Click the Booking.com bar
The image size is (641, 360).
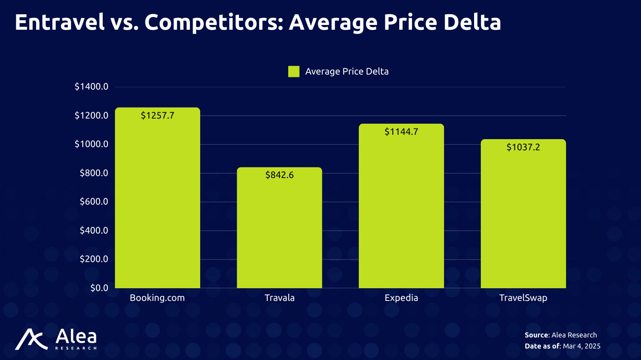(x=157, y=198)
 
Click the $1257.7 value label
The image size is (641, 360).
(x=157, y=115)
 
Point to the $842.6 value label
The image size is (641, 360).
(x=279, y=175)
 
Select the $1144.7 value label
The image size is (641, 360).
(x=401, y=132)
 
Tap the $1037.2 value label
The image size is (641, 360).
(x=523, y=147)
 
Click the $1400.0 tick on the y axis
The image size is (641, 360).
(x=91, y=86)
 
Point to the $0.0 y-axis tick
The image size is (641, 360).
(x=99, y=288)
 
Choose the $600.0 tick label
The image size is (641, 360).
(x=94, y=201)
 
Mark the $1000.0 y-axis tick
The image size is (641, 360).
(x=91, y=144)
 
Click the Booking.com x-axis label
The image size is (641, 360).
(x=157, y=298)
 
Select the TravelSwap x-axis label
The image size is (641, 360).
(x=523, y=298)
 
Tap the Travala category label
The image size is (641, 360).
(x=279, y=298)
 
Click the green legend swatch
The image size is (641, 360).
(x=294, y=71)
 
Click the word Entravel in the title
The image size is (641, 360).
(x=59, y=22)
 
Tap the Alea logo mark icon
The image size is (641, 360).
(x=31, y=339)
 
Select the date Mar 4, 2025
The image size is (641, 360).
(x=582, y=346)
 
